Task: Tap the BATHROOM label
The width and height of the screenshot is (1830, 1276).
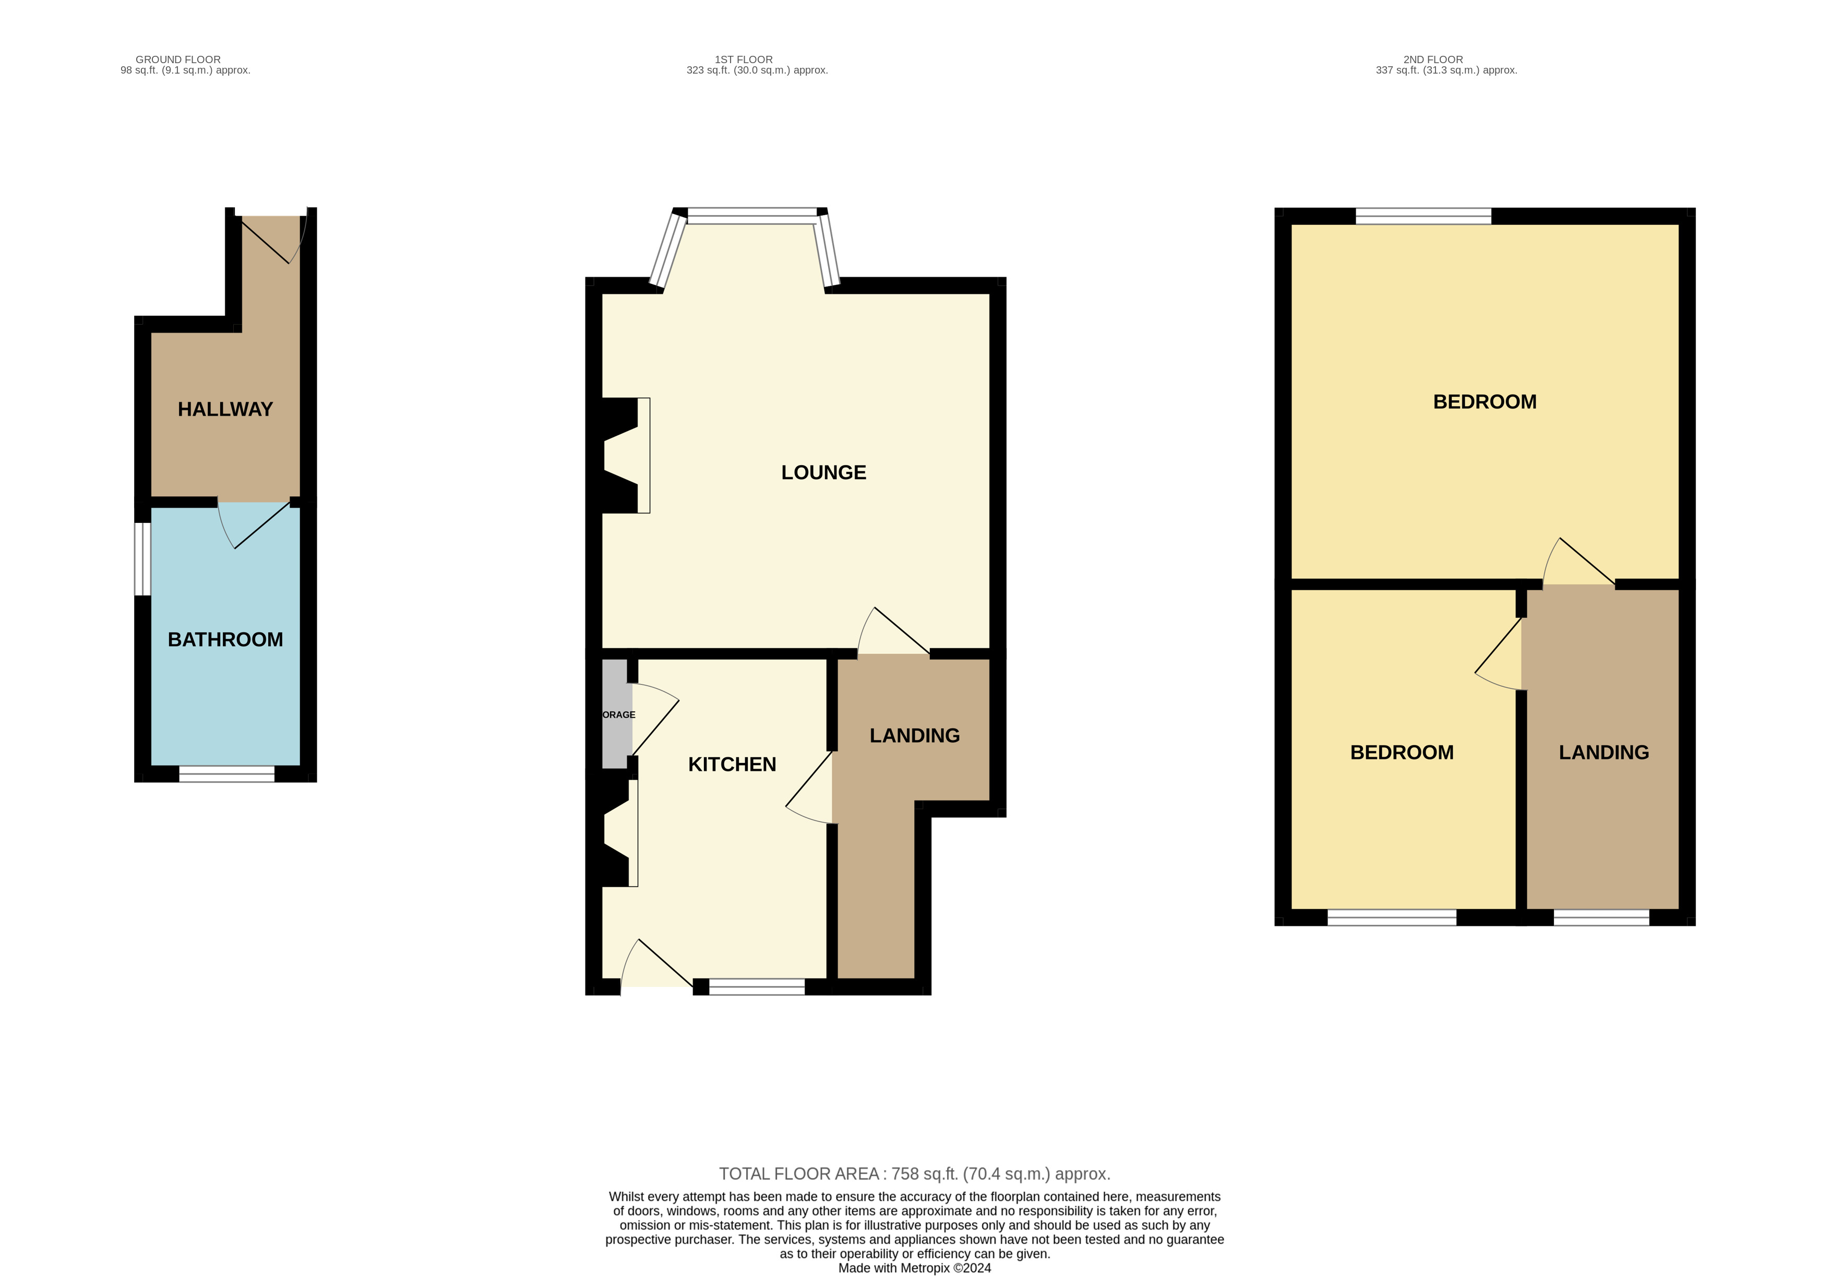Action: point(225,639)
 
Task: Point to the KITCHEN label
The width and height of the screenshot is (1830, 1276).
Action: point(732,765)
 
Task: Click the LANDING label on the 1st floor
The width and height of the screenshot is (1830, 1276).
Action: point(914,736)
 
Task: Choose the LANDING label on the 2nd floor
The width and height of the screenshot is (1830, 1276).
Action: point(1604,753)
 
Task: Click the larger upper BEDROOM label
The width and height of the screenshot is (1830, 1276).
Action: point(1484,402)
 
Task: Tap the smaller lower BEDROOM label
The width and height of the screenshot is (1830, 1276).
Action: point(1401,753)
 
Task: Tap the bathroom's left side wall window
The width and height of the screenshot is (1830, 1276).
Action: point(142,559)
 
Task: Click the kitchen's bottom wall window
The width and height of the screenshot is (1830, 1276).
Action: point(757,987)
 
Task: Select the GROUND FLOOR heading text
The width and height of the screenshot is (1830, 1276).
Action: point(178,59)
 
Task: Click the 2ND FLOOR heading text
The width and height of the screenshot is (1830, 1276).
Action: point(1432,59)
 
